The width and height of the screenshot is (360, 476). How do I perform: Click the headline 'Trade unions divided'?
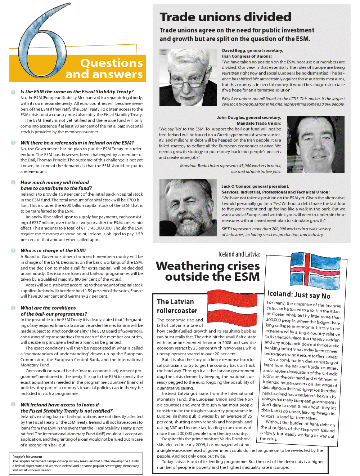click(x=225, y=17)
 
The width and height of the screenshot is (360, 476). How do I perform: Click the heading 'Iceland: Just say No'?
click(x=299, y=295)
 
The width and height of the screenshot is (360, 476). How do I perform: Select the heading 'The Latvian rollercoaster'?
click(x=177, y=306)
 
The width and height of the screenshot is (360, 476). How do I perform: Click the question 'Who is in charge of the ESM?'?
click(x=53, y=250)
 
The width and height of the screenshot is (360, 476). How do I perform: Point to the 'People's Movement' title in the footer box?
click(x=27, y=457)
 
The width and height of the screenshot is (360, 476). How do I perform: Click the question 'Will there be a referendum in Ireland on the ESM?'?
click(x=77, y=143)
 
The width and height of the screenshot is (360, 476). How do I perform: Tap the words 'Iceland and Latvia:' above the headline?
click(x=239, y=254)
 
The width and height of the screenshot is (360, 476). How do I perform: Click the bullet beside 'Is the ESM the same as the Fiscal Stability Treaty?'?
click(x=13, y=92)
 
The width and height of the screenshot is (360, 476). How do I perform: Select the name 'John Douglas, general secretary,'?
click(x=249, y=117)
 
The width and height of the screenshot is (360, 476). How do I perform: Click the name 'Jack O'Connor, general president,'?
click(x=255, y=186)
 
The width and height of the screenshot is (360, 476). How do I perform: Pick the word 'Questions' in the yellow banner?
click(x=111, y=63)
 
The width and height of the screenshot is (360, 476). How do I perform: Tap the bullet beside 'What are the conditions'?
click(x=13, y=308)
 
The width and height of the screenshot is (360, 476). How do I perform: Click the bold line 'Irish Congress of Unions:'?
click(x=247, y=56)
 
